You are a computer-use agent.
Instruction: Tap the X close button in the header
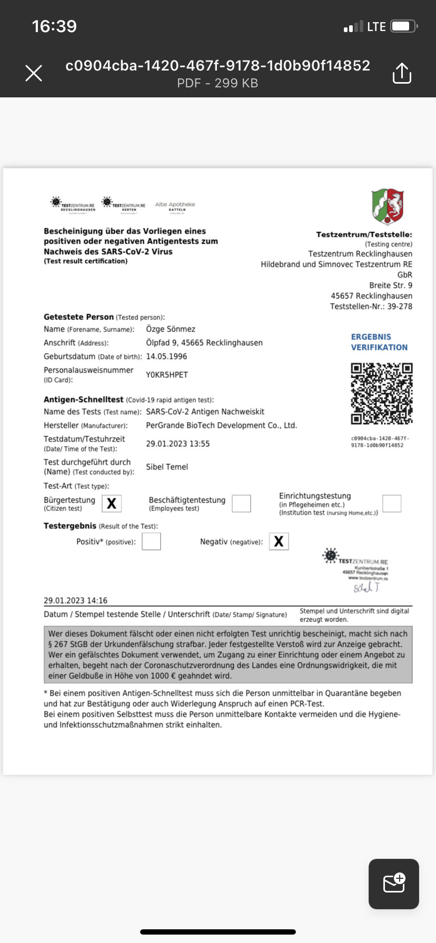34,73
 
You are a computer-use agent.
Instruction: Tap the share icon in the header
402,73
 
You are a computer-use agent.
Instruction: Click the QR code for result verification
382,393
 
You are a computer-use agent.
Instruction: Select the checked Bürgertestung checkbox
112,504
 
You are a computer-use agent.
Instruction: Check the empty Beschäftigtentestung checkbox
241,504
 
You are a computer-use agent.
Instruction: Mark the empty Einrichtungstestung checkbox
392,504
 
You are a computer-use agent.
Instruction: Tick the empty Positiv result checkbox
151,541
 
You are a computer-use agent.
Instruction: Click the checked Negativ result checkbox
279,541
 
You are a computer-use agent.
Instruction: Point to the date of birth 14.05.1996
166,356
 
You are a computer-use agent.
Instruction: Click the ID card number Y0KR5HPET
167,375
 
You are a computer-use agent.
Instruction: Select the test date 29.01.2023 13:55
178,444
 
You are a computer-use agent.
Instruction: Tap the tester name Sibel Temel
167,467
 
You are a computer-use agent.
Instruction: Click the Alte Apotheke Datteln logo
175,206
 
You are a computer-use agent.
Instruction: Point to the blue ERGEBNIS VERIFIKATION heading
379,342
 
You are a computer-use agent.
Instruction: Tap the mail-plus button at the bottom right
394,884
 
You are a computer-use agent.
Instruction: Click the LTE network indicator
376,27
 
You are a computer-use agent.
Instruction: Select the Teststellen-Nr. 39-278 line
371,306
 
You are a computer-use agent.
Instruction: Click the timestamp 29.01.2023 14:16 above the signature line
75,600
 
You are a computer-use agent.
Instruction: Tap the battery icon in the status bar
404,26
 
